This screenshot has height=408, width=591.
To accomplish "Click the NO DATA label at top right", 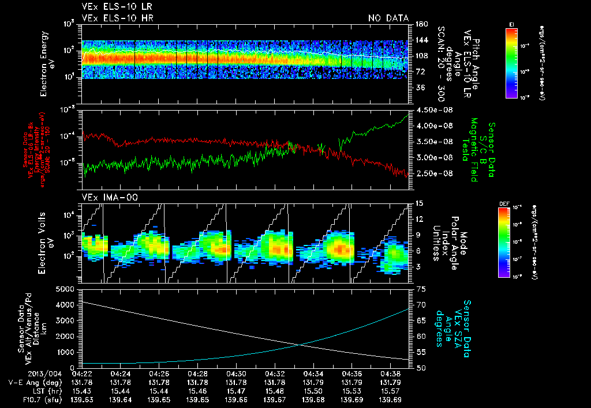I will (x=388, y=18).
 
